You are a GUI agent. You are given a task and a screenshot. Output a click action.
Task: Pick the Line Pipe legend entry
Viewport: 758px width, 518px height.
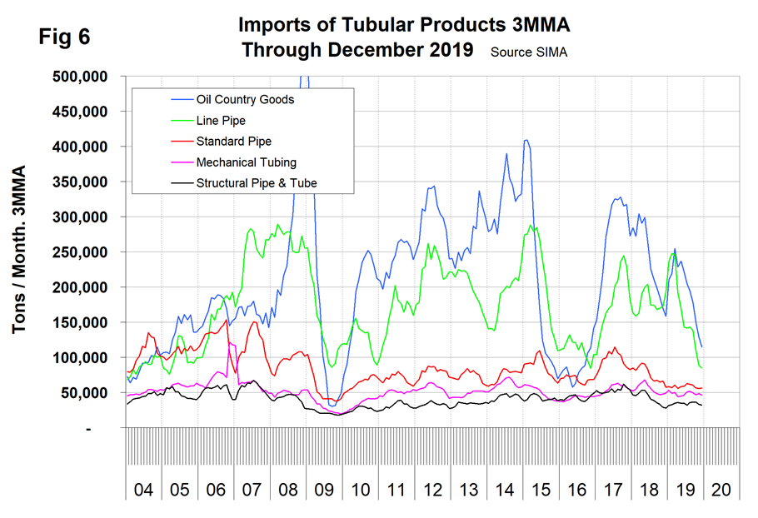tap(220, 121)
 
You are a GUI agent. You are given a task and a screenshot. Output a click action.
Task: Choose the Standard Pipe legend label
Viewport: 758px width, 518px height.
tap(233, 142)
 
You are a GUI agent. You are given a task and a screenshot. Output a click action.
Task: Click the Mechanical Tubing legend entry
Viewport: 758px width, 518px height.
tap(246, 162)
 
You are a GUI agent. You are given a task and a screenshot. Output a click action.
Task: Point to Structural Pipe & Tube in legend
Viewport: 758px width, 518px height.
tap(256, 183)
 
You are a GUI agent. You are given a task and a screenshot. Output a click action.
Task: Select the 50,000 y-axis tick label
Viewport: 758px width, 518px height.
tap(89, 393)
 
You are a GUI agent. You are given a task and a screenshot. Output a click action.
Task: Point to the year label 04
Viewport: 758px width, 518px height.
tap(143, 489)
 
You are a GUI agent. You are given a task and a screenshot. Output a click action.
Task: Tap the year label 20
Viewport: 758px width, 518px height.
tap(721, 489)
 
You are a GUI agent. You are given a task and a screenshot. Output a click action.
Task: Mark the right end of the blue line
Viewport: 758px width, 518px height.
tap(702, 346)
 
